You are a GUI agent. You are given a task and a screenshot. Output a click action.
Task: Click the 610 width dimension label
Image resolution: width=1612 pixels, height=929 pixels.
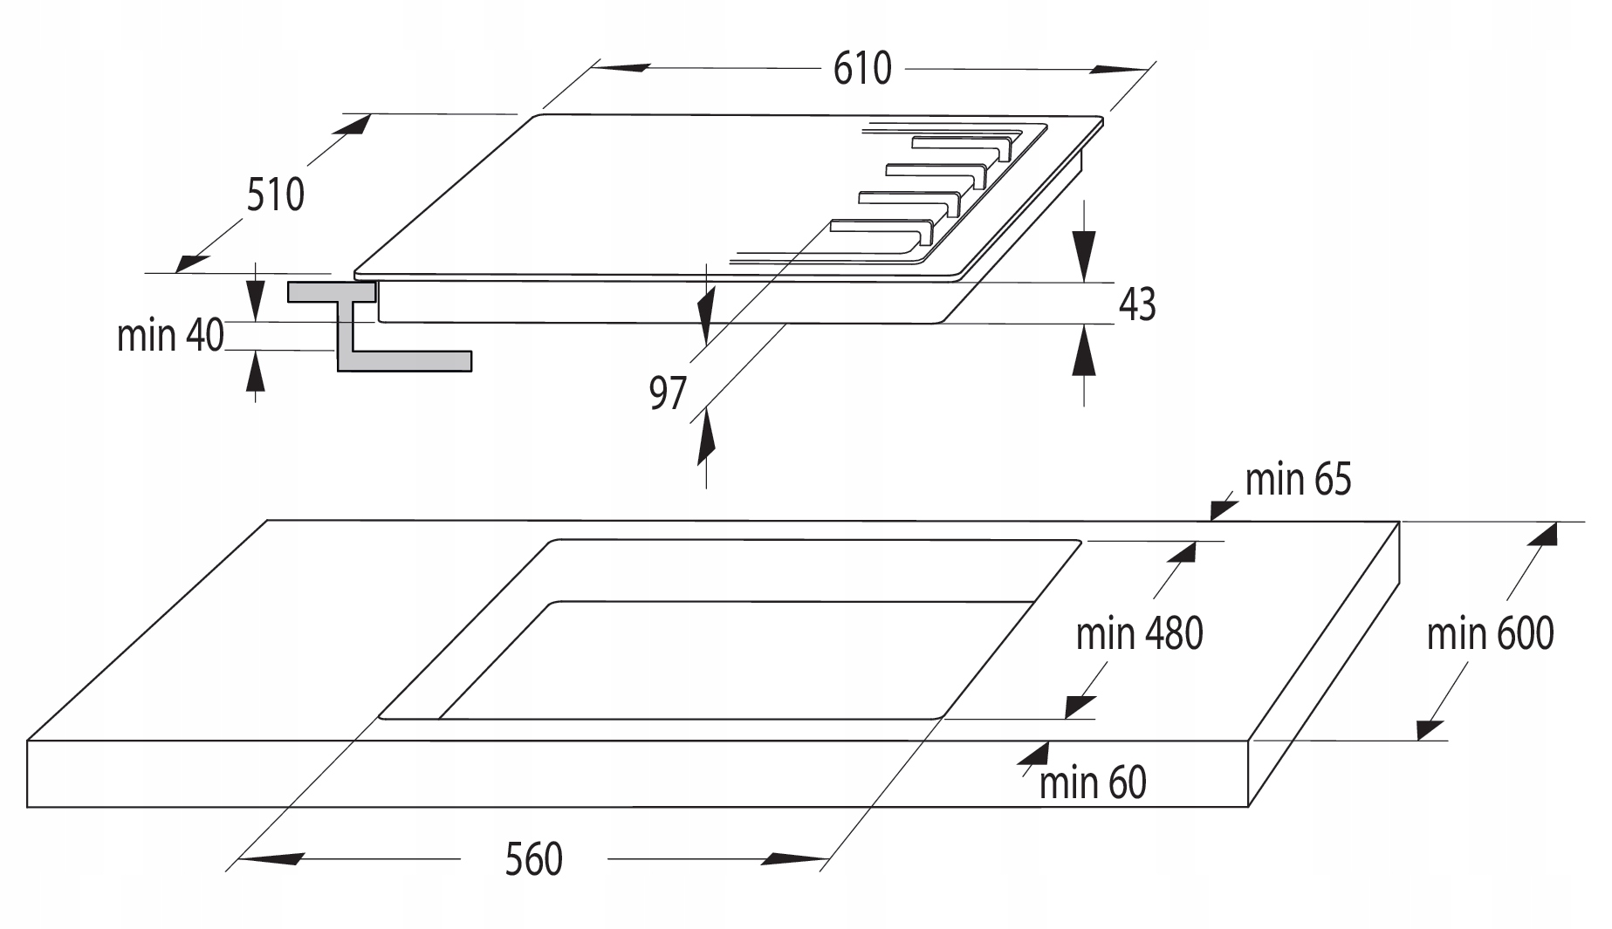pos(862,68)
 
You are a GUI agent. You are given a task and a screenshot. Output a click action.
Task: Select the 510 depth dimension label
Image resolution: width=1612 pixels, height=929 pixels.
pos(275,195)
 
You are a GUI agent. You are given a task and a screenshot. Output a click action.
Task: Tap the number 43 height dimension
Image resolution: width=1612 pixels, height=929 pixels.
pos(1136,304)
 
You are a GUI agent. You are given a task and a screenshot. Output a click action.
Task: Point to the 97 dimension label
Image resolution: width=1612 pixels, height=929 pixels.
pos(668,393)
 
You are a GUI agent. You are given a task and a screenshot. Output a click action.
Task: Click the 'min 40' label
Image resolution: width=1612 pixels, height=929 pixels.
pos(170,335)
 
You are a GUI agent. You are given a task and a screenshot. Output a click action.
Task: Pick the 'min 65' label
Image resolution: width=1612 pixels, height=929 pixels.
pos(1298,479)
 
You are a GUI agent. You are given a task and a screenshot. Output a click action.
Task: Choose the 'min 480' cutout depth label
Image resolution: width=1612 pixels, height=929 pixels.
pos(1139,634)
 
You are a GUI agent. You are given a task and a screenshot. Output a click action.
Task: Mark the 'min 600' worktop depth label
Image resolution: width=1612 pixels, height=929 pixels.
pos(1490,634)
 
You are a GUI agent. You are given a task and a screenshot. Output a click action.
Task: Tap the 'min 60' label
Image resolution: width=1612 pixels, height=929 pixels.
pos(1092,782)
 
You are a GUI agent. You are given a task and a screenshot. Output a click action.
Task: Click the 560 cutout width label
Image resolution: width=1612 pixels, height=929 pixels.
pos(533,860)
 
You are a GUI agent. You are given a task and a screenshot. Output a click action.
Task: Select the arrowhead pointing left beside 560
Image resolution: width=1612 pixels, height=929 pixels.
pos(271,859)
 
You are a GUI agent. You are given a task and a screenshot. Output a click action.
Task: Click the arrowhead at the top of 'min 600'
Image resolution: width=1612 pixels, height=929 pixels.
pos(1542,534)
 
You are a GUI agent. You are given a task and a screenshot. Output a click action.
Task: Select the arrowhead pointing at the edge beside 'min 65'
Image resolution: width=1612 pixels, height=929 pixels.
pos(1221,508)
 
